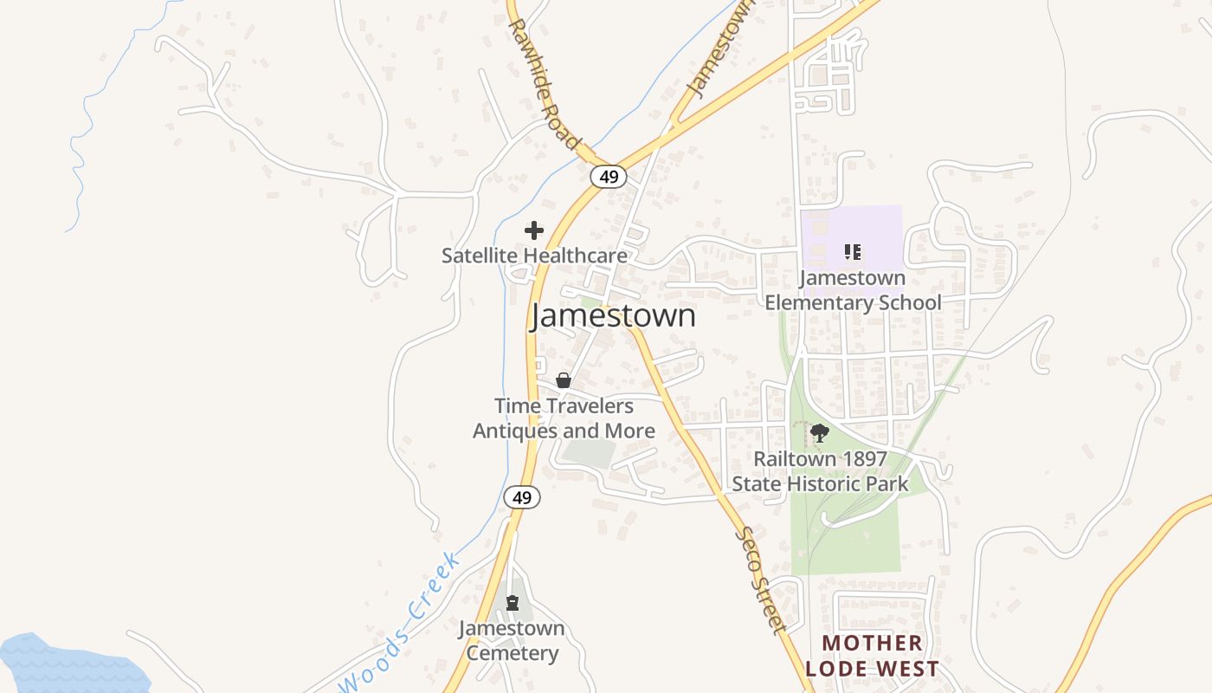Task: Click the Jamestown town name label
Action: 613,316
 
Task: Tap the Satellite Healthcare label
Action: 534,256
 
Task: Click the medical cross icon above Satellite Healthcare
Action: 534,230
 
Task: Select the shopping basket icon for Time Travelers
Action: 564,380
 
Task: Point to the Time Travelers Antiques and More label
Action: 564,418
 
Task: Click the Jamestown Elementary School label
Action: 853,290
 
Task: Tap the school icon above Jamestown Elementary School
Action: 853,252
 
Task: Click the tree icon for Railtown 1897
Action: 819,432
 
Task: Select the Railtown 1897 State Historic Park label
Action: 821,471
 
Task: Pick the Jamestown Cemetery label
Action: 512,641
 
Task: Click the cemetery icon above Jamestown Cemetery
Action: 513,602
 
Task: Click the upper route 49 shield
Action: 609,177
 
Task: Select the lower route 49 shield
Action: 521,497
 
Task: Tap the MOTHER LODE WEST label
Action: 872,656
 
